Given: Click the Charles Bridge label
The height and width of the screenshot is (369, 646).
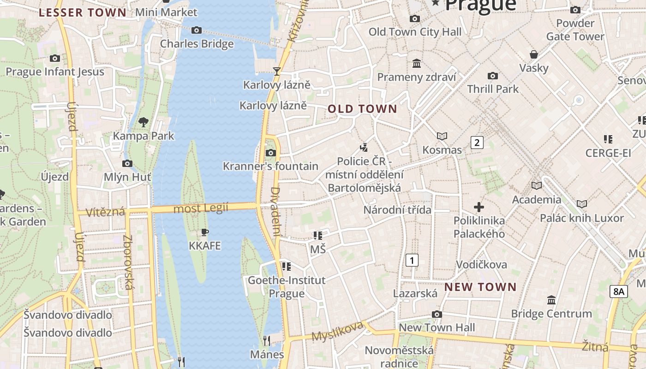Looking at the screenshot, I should (197, 44).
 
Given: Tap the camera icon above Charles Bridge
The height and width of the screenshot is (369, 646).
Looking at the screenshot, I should (197, 30).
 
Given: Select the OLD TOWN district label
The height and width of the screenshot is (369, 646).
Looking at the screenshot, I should (362, 109).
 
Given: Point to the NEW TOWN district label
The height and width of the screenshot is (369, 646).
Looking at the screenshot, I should (480, 287).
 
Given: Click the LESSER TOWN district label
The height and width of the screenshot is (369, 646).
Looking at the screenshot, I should (82, 12).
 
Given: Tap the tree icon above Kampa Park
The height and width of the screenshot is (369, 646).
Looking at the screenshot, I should (144, 122).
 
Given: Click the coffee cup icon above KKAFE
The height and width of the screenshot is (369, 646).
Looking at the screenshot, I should (205, 232).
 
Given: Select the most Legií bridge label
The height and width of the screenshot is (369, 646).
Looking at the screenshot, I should (201, 208).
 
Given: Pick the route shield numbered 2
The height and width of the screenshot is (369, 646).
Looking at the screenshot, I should (477, 143).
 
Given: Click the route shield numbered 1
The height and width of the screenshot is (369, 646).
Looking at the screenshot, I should (412, 260).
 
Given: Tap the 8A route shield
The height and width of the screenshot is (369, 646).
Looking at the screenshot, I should (619, 292).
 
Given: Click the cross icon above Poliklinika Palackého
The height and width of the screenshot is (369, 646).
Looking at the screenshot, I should (479, 207).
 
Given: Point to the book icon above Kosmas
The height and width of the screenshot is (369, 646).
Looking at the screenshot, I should (442, 137).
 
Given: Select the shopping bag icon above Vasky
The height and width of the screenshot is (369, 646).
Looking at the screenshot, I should (534, 54).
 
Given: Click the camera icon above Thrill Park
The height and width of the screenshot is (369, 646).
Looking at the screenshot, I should (493, 76).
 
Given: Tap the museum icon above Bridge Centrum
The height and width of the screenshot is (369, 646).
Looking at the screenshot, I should (551, 300).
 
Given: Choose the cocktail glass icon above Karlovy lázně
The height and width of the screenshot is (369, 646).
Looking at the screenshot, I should (277, 71).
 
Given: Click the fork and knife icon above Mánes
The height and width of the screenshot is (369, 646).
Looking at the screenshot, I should (267, 341).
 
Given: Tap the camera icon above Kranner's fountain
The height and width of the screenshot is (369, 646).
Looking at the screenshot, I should (271, 153).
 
